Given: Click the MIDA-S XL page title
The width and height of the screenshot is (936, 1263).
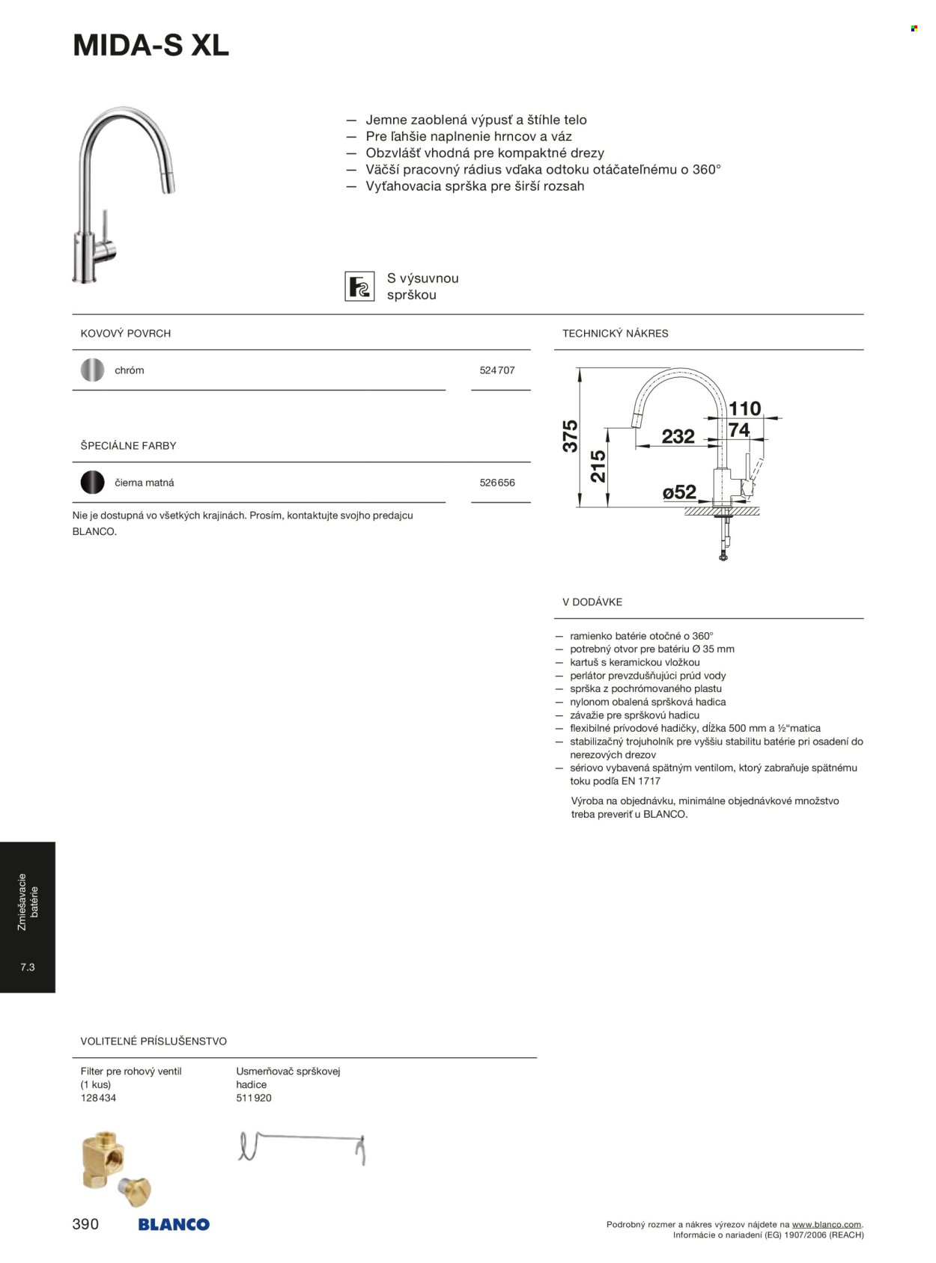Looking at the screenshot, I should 151,46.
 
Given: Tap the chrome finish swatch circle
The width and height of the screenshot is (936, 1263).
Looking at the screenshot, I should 92,370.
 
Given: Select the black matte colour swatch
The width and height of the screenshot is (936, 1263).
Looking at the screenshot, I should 92,483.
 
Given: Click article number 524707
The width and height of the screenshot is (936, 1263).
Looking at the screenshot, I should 497,370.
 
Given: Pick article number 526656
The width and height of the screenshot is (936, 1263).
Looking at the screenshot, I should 497,483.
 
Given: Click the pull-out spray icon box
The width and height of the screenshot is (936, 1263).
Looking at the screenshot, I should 359,287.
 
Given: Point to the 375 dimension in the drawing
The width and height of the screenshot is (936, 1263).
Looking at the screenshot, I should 571,435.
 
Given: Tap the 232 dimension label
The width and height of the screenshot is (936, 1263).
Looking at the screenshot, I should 678,436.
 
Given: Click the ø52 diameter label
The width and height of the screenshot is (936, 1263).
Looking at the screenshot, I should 679,492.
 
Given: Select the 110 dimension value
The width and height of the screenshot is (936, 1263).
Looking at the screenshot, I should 744,409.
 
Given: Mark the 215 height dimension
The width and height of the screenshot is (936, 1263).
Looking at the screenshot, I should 598,466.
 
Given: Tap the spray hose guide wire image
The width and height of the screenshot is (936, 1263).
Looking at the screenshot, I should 302,1148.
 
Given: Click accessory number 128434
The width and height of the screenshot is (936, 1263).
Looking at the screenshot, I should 98,1098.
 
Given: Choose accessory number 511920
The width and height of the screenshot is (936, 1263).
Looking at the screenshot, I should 254,1098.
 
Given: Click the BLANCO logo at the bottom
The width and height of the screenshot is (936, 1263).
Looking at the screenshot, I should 174,1225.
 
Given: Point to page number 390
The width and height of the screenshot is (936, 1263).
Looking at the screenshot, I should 85,1224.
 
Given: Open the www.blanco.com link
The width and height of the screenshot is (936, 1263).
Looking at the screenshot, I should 827,1225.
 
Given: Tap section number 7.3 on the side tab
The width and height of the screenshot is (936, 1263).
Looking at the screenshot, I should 28,967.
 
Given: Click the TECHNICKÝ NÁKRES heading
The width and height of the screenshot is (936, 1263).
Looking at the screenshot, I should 616,334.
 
